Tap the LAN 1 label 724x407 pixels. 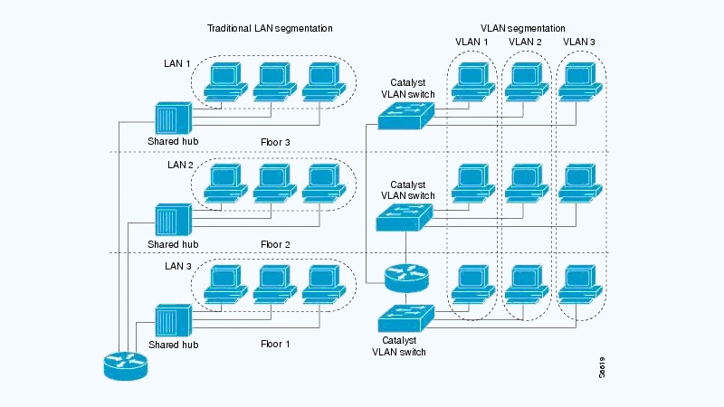(x=177, y=64)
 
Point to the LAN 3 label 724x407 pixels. (x=177, y=266)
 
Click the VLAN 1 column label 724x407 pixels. (x=471, y=42)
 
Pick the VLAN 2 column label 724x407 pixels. (x=525, y=42)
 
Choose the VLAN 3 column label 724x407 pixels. (x=579, y=42)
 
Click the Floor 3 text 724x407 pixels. (x=275, y=142)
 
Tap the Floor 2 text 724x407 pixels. (x=275, y=244)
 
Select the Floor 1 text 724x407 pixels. (x=275, y=345)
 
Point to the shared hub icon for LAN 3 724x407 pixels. (x=172, y=322)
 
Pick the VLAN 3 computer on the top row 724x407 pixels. (x=579, y=81)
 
